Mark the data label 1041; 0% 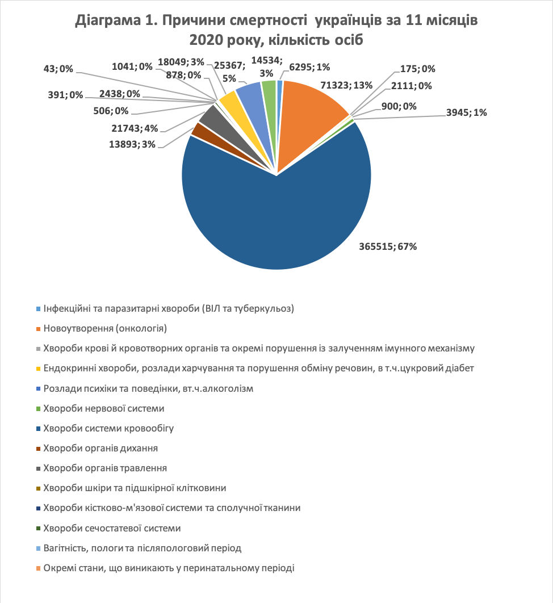(132, 66)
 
